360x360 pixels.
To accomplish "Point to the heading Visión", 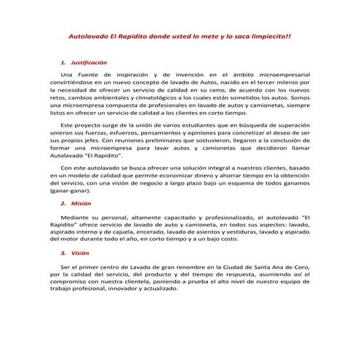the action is pos(80,253).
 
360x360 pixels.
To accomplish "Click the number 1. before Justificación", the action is pos(64,63).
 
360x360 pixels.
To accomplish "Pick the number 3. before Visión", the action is pos(64,253).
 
